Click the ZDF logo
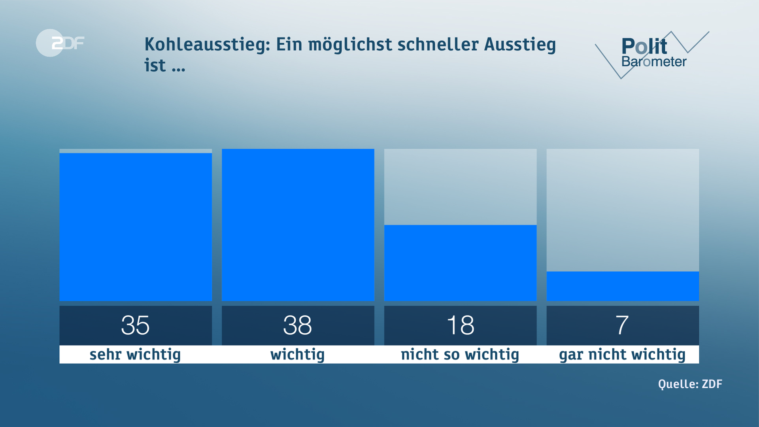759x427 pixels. point(60,43)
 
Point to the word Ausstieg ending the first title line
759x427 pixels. point(520,44)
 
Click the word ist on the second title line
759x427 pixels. point(155,66)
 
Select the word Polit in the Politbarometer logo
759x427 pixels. point(644,47)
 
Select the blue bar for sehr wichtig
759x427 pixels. point(136,227)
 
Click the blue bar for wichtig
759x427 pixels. point(298,225)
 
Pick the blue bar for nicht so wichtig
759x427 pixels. point(460,263)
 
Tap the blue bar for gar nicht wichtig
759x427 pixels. point(623,286)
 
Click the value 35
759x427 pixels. point(135,325)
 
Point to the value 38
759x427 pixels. point(297,325)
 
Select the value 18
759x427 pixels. point(460,325)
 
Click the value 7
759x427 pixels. point(622,325)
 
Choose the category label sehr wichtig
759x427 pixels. point(135,355)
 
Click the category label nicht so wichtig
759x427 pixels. point(460,355)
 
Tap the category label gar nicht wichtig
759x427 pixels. point(622,355)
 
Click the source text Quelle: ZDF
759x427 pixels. point(690,384)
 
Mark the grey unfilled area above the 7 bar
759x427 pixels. point(623,210)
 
